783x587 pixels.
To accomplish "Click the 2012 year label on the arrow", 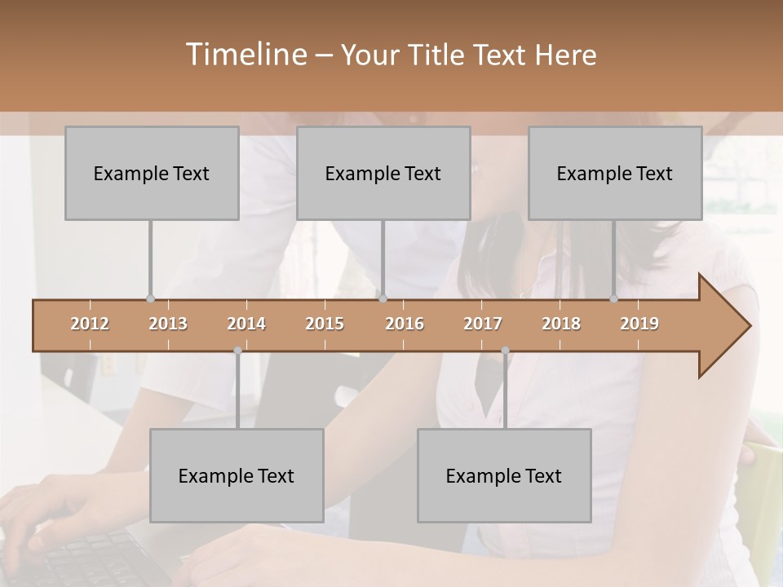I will tap(90, 324).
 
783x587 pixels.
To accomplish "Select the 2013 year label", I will tap(168, 324).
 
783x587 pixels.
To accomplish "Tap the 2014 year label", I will tap(246, 324).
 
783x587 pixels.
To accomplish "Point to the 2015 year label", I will tap(325, 324).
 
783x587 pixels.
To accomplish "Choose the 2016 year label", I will tap(405, 324).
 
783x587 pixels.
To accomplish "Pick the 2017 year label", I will tap(483, 324).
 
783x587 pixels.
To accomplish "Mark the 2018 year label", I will tap(561, 324).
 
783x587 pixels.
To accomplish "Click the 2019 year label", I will tap(639, 324).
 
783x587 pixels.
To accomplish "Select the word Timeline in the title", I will tap(245, 55).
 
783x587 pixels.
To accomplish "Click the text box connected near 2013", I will tap(152, 173).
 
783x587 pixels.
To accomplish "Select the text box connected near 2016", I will tap(383, 173).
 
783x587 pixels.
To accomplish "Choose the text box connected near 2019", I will tap(615, 173).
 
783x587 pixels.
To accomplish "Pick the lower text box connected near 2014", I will tap(237, 475).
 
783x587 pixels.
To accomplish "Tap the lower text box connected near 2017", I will tap(504, 475).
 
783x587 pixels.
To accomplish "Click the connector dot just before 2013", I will tap(150, 298).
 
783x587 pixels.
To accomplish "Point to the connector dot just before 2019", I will tap(613, 298).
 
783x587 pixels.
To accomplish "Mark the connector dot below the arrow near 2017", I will tap(505, 351).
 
